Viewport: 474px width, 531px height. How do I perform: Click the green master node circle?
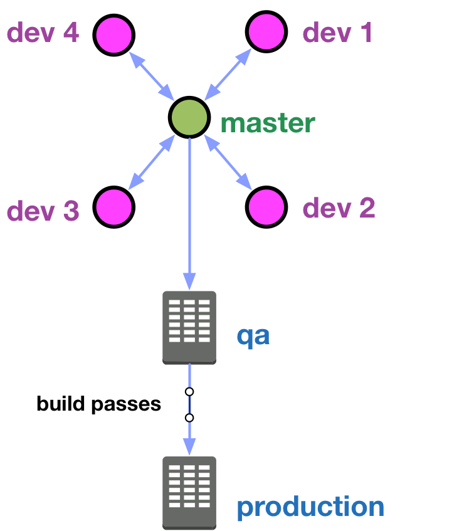pos(189,117)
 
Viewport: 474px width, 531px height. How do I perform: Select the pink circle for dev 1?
pos(266,31)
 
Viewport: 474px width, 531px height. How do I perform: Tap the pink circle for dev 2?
pos(266,207)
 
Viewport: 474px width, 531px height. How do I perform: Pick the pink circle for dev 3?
pos(114,207)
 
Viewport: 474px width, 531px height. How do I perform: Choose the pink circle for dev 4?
pos(114,35)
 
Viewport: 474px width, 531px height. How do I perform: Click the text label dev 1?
pos(337,33)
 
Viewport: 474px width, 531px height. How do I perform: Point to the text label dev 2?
pos(339,208)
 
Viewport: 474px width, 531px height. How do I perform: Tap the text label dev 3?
pos(43,211)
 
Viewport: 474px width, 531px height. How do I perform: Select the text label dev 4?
pos(43,33)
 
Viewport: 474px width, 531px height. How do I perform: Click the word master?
pos(268,123)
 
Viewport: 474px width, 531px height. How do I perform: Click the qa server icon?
pos(189,327)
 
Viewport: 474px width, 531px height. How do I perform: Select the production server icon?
pos(189,493)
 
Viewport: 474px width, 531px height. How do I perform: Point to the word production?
pos(310,507)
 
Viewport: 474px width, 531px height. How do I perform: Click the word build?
pos(61,403)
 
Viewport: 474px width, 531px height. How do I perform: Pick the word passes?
pos(126,405)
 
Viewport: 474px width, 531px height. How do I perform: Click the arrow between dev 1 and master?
pos(228,75)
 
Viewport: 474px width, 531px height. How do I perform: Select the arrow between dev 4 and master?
pos(152,76)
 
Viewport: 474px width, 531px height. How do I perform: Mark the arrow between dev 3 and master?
pos(152,162)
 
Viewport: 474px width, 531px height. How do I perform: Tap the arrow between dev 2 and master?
pos(228,162)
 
